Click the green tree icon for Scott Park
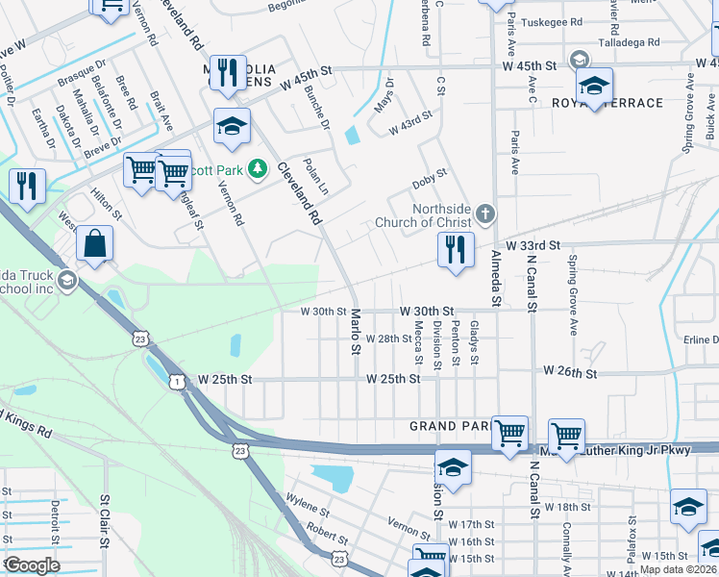pos(257,170)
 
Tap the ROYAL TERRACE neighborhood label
pos(593,103)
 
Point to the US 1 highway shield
pos(178,382)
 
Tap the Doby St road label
pos(429,175)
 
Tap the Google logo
pos(32,565)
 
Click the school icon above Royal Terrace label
pos(594,85)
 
